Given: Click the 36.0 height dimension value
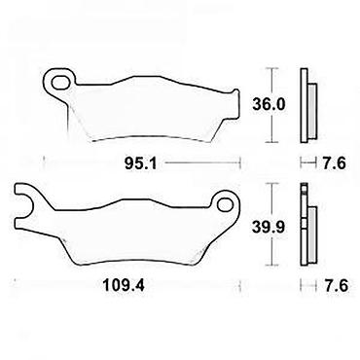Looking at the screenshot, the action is coord(269,105).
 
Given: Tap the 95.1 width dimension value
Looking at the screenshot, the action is coord(140,164).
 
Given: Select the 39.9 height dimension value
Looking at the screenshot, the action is coord(269,227).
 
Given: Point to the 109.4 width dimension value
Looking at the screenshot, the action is coord(124,286).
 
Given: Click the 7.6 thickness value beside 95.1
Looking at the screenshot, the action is coord(335,163).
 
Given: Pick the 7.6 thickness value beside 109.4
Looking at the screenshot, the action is coord(336,286).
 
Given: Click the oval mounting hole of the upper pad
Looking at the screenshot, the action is coord(60,82).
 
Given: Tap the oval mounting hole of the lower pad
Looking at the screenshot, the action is coord(225,204).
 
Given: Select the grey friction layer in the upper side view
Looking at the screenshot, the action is coord(311,111).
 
